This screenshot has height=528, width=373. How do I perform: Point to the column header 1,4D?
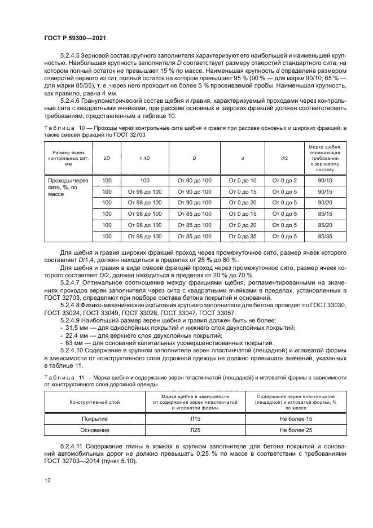tap(144, 158)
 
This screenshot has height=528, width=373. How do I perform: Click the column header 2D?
tap(106, 158)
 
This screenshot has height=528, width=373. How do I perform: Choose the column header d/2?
tap(284, 158)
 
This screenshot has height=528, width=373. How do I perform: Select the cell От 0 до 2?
tap(284, 181)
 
